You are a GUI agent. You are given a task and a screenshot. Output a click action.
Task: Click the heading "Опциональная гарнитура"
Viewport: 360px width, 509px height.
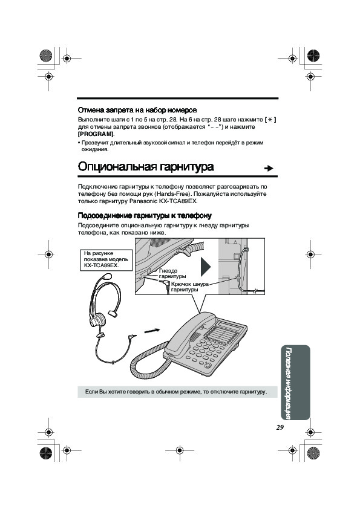pyautogui.click(x=146, y=166)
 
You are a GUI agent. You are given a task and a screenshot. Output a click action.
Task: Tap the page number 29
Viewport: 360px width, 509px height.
pyautogui.click(x=280, y=427)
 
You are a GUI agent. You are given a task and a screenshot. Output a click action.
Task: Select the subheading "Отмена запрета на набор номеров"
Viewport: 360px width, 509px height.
pyautogui.click(x=137, y=110)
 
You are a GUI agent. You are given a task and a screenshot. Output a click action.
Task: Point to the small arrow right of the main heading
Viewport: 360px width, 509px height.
pyautogui.click(x=269, y=168)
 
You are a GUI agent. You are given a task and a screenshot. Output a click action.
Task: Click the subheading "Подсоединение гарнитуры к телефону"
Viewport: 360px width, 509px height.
pyautogui.click(x=145, y=216)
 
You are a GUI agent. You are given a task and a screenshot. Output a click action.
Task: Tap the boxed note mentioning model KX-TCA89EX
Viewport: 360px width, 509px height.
pyautogui.click(x=106, y=260)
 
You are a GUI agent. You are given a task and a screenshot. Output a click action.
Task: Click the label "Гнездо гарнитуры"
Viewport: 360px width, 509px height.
pyautogui.click(x=172, y=273)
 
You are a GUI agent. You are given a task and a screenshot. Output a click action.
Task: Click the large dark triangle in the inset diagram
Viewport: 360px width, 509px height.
pyautogui.click(x=205, y=267)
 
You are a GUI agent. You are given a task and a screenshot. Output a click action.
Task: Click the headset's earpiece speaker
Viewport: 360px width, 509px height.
pyautogui.click(x=97, y=320)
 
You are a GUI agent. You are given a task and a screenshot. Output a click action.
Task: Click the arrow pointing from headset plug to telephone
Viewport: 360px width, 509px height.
pyautogui.click(x=152, y=331)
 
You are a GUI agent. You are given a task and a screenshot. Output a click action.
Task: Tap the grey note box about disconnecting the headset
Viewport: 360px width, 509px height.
pyautogui.click(x=177, y=392)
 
